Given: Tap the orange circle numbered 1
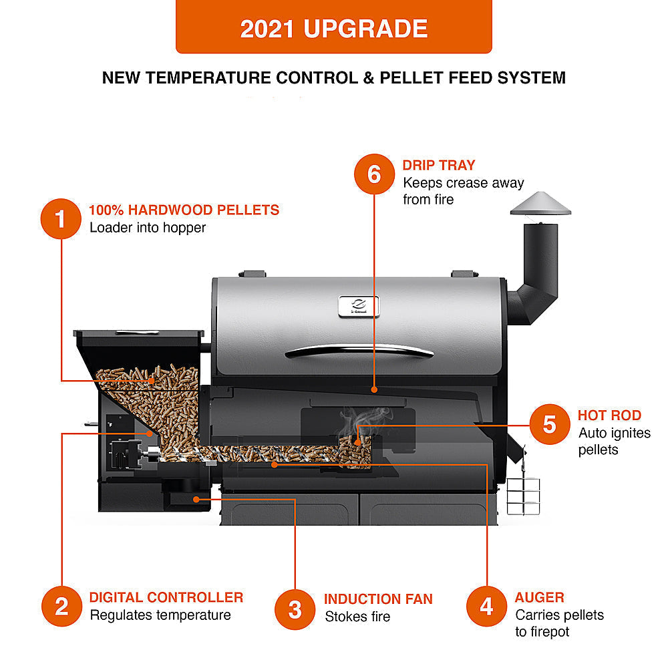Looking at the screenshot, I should (61, 218).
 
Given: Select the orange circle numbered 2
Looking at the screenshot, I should (61, 607).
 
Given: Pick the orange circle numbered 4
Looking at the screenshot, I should (486, 607).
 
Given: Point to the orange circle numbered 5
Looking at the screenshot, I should (549, 424).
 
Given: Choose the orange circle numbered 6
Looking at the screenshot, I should (374, 174).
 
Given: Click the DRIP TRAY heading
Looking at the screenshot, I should (438, 164).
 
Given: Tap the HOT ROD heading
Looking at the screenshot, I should (609, 415).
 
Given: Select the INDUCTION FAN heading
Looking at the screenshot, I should (378, 599).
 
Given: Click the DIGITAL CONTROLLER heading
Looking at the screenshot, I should (166, 597).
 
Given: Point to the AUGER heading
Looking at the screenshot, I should (539, 597).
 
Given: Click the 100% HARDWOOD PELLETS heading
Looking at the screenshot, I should (184, 210).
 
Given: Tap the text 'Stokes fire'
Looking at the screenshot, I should (357, 617).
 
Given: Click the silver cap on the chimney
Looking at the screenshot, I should (540, 204).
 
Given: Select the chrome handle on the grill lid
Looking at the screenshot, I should (359, 350).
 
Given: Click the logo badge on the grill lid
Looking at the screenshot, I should (359, 304).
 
